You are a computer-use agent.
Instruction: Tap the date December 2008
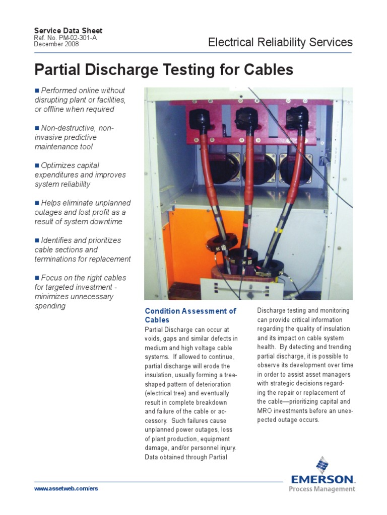(x=56, y=44)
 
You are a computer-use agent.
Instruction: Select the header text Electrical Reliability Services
(x=280, y=43)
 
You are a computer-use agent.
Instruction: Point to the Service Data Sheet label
(x=68, y=31)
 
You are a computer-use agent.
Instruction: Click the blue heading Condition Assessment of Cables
(x=190, y=315)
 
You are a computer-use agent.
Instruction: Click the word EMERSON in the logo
(x=321, y=479)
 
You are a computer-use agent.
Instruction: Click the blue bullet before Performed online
(x=37, y=91)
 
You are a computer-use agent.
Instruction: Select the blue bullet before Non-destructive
(x=37, y=128)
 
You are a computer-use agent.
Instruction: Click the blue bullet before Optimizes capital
(x=37, y=165)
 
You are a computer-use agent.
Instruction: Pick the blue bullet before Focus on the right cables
(x=37, y=278)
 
